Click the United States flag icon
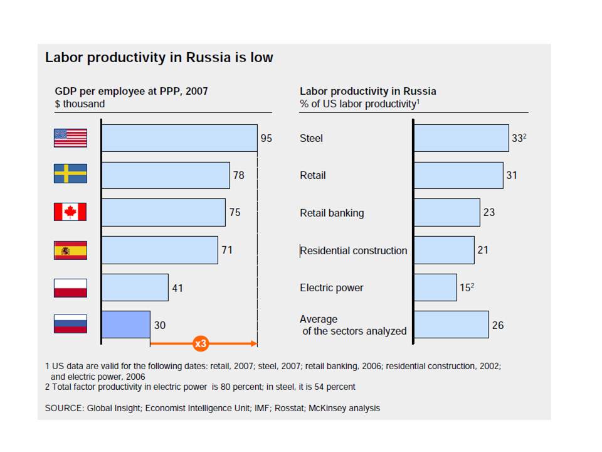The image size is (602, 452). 70,137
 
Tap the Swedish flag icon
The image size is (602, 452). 70,175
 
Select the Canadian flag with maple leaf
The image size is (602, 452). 70,212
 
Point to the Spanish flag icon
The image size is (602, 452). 70,250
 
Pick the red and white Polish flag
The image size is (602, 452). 70,288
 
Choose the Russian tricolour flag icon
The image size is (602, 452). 70,325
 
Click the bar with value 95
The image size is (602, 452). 179,137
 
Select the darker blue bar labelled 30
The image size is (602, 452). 126,325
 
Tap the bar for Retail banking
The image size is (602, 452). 447,212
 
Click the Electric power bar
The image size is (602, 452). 436,288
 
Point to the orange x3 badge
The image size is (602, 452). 200,343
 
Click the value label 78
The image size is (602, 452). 239,175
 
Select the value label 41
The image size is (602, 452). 177,288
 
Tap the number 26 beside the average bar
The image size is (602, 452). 498,325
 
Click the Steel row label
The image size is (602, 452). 311,138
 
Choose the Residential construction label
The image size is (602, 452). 354,250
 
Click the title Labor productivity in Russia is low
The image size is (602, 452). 159,57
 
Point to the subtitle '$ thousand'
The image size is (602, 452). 80,104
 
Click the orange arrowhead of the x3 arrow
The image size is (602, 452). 254,343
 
